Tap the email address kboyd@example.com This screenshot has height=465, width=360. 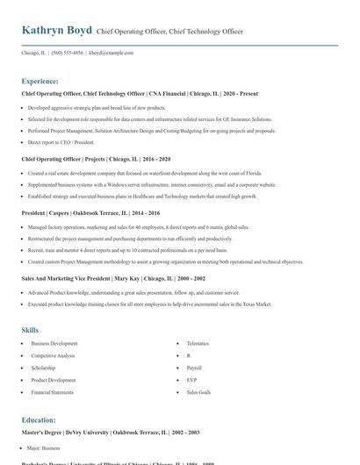coord(112,53)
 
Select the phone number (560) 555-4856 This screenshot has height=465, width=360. coord(68,53)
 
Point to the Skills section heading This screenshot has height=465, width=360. coord(30,330)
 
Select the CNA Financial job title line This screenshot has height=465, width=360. coord(128,92)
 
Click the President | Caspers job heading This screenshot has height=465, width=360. coord(91,212)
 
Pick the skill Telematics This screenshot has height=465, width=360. coord(198,343)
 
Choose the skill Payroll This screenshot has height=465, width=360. coord(194,368)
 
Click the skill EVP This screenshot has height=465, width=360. coord(192,380)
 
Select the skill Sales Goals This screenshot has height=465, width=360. coord(198,392)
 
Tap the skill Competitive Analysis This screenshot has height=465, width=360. coord(54,355)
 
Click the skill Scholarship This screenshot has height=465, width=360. coord(44,368)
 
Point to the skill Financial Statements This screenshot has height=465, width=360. coord(53,392)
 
